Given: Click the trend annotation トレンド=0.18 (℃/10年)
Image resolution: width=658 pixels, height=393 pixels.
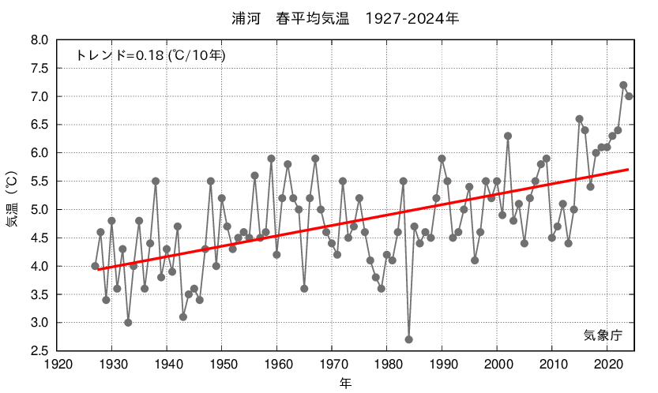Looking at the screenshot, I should (151, 55).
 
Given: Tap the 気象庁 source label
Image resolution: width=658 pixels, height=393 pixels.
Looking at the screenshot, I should (603, 335).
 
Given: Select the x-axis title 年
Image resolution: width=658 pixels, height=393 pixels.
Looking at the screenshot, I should (346, 383).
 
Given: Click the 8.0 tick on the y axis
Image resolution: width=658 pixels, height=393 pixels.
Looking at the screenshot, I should (40, 40).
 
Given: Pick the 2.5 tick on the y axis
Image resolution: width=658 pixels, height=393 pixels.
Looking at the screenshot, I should (40, 351).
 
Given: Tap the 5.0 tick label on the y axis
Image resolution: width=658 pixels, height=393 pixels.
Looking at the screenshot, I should (40, 210).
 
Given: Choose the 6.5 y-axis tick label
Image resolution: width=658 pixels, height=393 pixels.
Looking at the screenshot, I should (40, 125).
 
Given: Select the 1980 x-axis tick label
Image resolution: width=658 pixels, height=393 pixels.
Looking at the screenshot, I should (388, 365).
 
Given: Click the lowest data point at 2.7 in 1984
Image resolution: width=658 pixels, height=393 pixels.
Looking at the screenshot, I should (409, 339).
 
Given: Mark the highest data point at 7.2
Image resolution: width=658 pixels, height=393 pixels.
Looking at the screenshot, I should (623, 85).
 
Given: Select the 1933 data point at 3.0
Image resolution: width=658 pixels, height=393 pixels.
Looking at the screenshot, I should (128, 323).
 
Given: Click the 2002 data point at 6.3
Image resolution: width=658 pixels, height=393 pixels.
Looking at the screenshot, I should (508, 136).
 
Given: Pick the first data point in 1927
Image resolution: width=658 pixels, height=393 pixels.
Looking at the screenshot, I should (95, 266).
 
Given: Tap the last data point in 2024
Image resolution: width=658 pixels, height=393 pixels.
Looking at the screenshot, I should (629, 96).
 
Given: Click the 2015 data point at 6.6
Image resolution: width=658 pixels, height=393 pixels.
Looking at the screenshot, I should (579, 119).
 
